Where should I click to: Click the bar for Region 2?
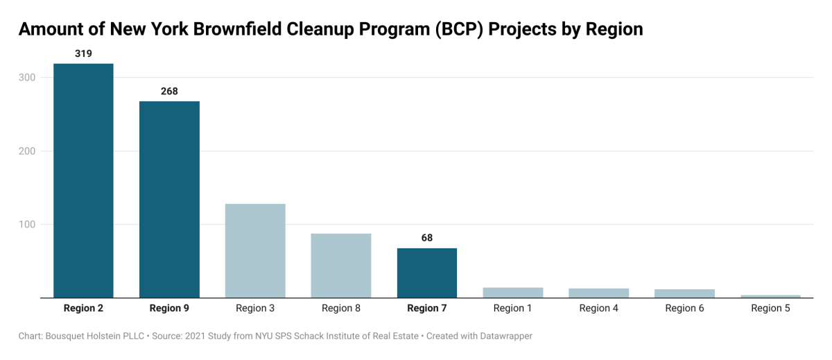pyautogui.click(x=83, y=180)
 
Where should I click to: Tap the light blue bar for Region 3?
pyautogui.click(x=255, y=250)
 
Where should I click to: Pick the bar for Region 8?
pyautogui.click(x=341, y=266)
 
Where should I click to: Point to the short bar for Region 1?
pyautogui.click(x=513, y=293)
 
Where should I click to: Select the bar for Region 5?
pyautogui.click(x=770, y=296)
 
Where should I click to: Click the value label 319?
pyautogui.click(x=83, y=53)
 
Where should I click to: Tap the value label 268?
pyautogui.click(x=169, y=91)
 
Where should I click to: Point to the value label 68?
pyautogui.click(x=427, y=238)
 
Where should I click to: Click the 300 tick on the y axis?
pyautogui.click(x=27, y=78)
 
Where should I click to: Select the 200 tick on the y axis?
pyautogui.click(x=27, y=151)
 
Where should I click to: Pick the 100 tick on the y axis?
pyautogui.click(x=27, y=225)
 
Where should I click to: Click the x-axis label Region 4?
pyautogui.click(x=598, y=308)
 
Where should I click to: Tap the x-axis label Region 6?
pyautogui.click(x=684, y=308)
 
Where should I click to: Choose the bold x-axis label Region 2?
pyautogui.click(x=83, y=308)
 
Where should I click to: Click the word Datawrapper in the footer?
pyautogui.click(x=504, y=336)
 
